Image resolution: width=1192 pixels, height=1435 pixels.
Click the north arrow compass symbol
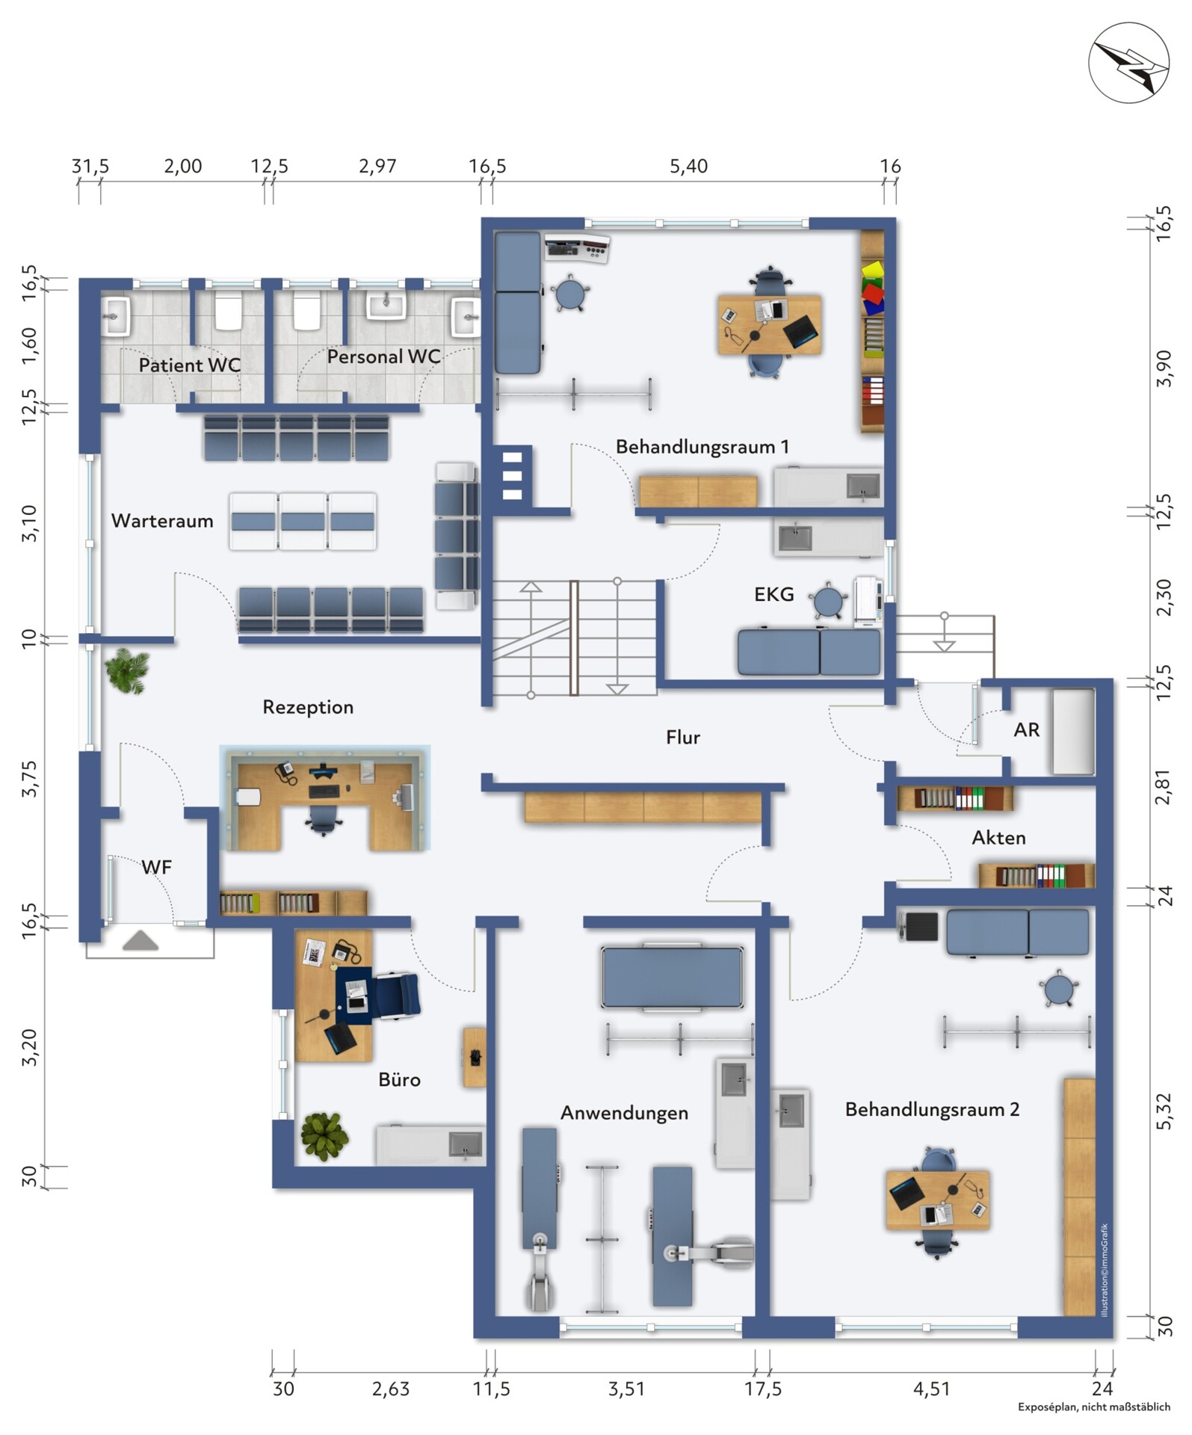1128,63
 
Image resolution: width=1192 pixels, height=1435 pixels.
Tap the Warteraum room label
162,521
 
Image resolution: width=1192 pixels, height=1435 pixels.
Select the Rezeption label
308,707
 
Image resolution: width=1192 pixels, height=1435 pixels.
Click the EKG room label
773,595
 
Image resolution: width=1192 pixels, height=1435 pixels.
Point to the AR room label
1026,730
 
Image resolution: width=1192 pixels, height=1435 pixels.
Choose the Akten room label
998,838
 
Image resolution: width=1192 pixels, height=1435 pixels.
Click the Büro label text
399,1079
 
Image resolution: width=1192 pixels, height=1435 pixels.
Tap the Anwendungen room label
624,1113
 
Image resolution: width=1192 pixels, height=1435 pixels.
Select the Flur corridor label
683,738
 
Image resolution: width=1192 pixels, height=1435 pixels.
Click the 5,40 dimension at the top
688,166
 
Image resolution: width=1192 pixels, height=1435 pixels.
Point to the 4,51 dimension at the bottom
931,1389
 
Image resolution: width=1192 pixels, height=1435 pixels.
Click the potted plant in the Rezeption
127,670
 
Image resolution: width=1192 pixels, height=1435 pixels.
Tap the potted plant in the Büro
324,1136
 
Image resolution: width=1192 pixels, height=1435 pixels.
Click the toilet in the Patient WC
229,311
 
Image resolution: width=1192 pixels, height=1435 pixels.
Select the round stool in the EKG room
828,599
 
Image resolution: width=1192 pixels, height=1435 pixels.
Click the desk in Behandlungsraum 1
770,324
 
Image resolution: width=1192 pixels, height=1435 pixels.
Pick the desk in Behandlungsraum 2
938,1200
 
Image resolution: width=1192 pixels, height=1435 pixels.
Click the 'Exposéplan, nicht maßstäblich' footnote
1094,1407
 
